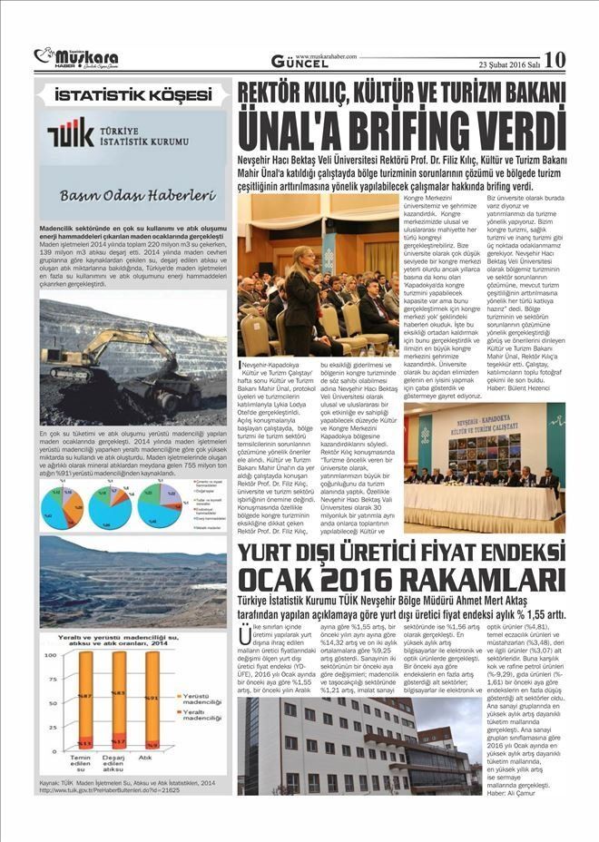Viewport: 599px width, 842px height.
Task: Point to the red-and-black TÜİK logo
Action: (x=70, y=132)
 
